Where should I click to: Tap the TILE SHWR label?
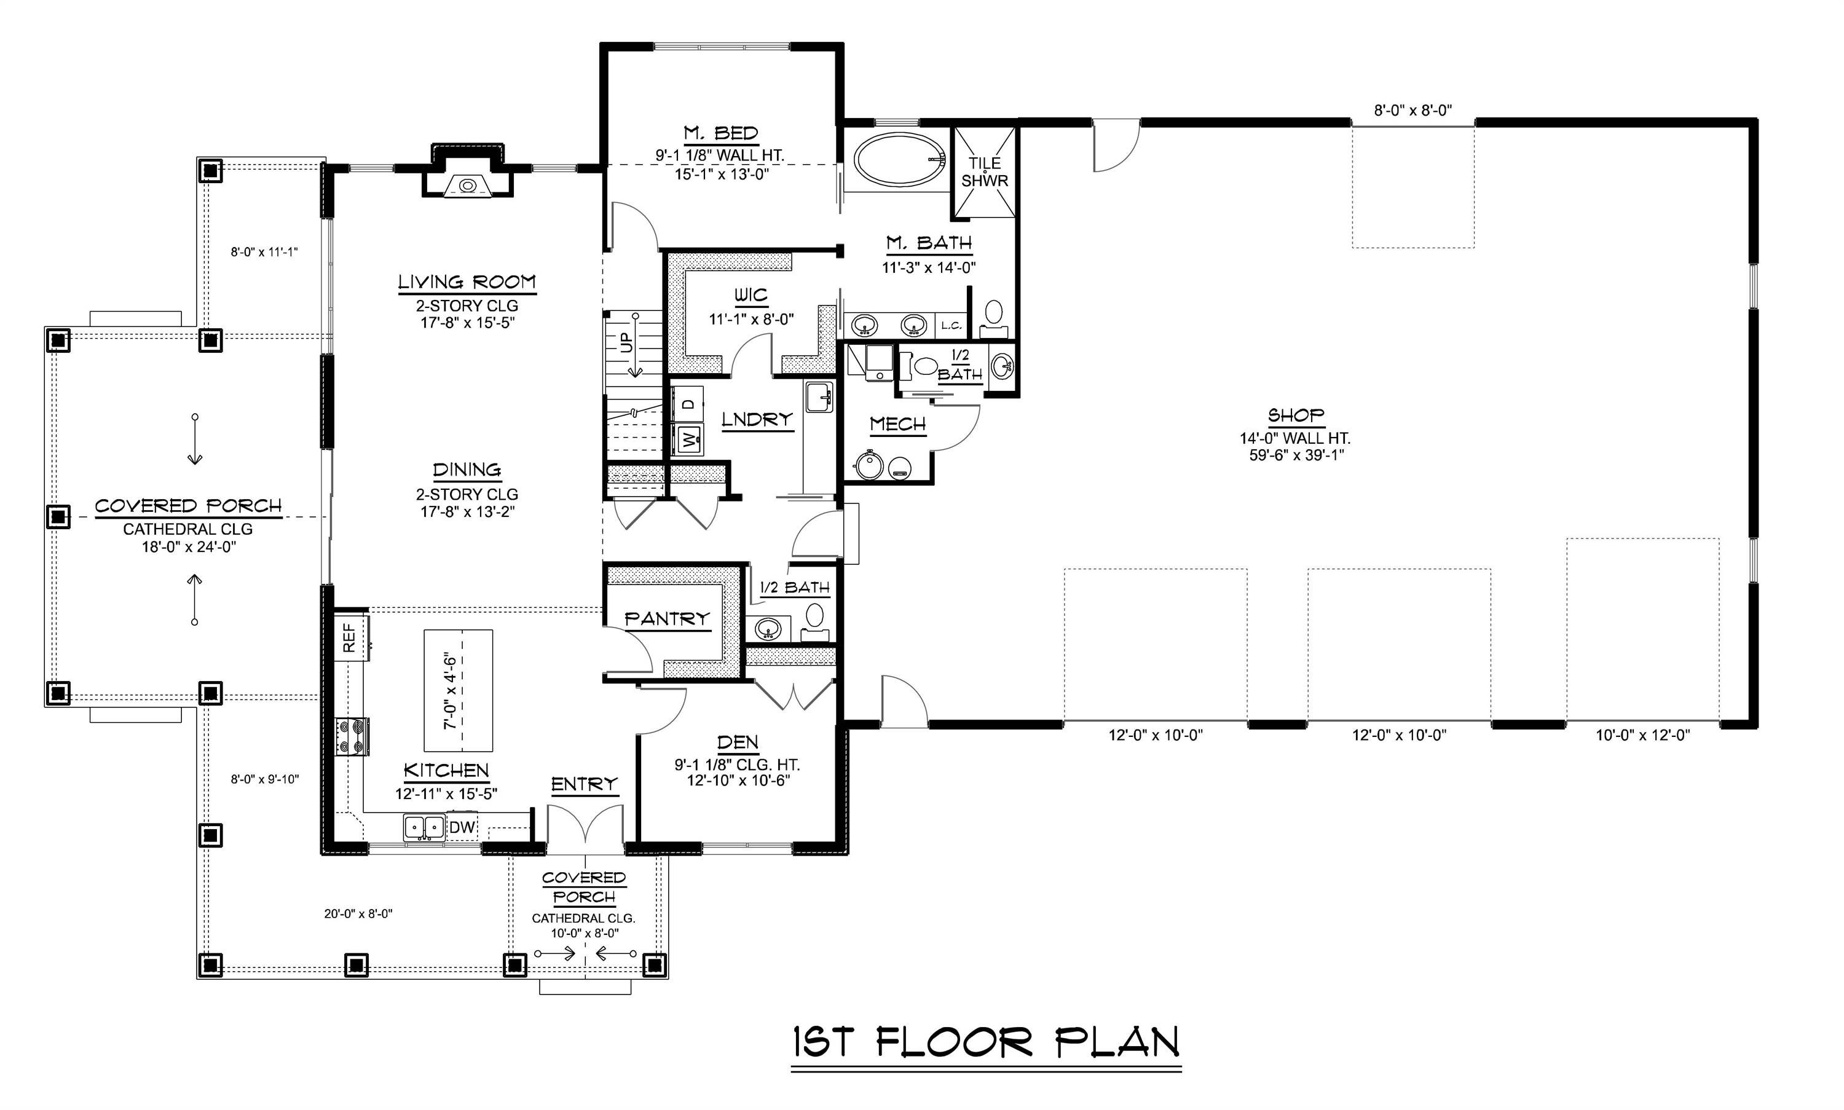985,172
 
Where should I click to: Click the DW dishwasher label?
462,827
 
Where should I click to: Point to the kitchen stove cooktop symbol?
352,736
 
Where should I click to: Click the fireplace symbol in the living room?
468,185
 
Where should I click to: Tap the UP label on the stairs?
627,342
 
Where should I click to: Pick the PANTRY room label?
666,618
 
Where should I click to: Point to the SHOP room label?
1296,415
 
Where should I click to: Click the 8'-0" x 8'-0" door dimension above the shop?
1413,111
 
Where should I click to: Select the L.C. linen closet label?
951,325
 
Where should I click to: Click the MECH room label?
897,425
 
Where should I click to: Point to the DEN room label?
738,742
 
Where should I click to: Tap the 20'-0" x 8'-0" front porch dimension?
358,913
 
